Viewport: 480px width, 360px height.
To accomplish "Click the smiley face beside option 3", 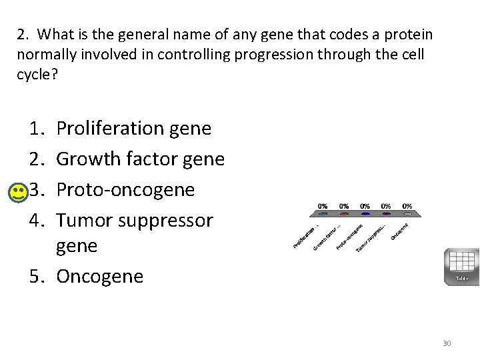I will (x=20, y=193).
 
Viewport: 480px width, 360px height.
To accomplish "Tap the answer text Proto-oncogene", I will (x=125, y=190).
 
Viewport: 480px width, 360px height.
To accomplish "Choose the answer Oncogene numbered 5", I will (x=99, y=276).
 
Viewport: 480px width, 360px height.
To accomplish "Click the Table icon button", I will (x=461, y=266).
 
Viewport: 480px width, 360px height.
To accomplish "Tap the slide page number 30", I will (x=447, y=343).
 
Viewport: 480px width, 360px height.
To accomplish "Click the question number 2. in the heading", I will (x=23, y=34).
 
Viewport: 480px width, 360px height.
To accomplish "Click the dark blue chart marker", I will (x=365, y=215).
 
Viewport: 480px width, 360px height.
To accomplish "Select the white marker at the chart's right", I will (x=407, y=215).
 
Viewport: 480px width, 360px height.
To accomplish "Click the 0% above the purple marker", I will (x=386, y=206).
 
